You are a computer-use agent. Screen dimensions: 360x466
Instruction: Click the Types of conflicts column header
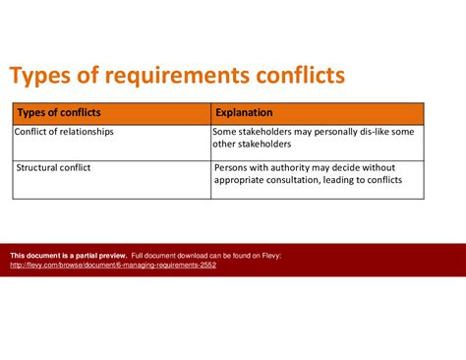point(60,113)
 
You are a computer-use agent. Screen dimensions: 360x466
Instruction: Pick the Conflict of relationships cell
point(64,132)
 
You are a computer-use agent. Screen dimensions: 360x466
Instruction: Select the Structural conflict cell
point(54,167)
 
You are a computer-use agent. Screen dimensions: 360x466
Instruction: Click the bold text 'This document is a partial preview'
point(68,255)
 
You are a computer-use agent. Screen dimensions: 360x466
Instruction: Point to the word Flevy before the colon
point(268,255)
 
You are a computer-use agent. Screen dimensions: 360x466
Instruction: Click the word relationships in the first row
point(86,132)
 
